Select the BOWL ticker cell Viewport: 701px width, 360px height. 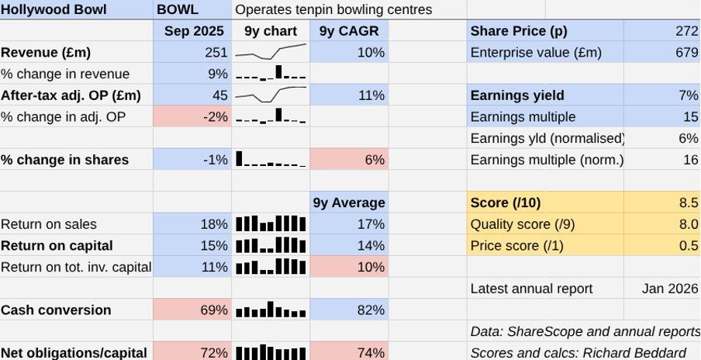point(178,10)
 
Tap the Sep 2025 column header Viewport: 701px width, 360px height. point(193,31)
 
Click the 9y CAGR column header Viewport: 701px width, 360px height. point(348,31)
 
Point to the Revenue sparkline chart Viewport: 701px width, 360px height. point(271,53)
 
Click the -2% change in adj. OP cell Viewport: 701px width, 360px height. point(193,117)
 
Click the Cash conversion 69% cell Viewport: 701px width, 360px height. point(193,310)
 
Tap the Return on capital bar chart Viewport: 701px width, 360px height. point(271,246)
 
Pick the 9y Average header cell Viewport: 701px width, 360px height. point(349,202)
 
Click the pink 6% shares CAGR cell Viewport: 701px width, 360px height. point(348,160)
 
